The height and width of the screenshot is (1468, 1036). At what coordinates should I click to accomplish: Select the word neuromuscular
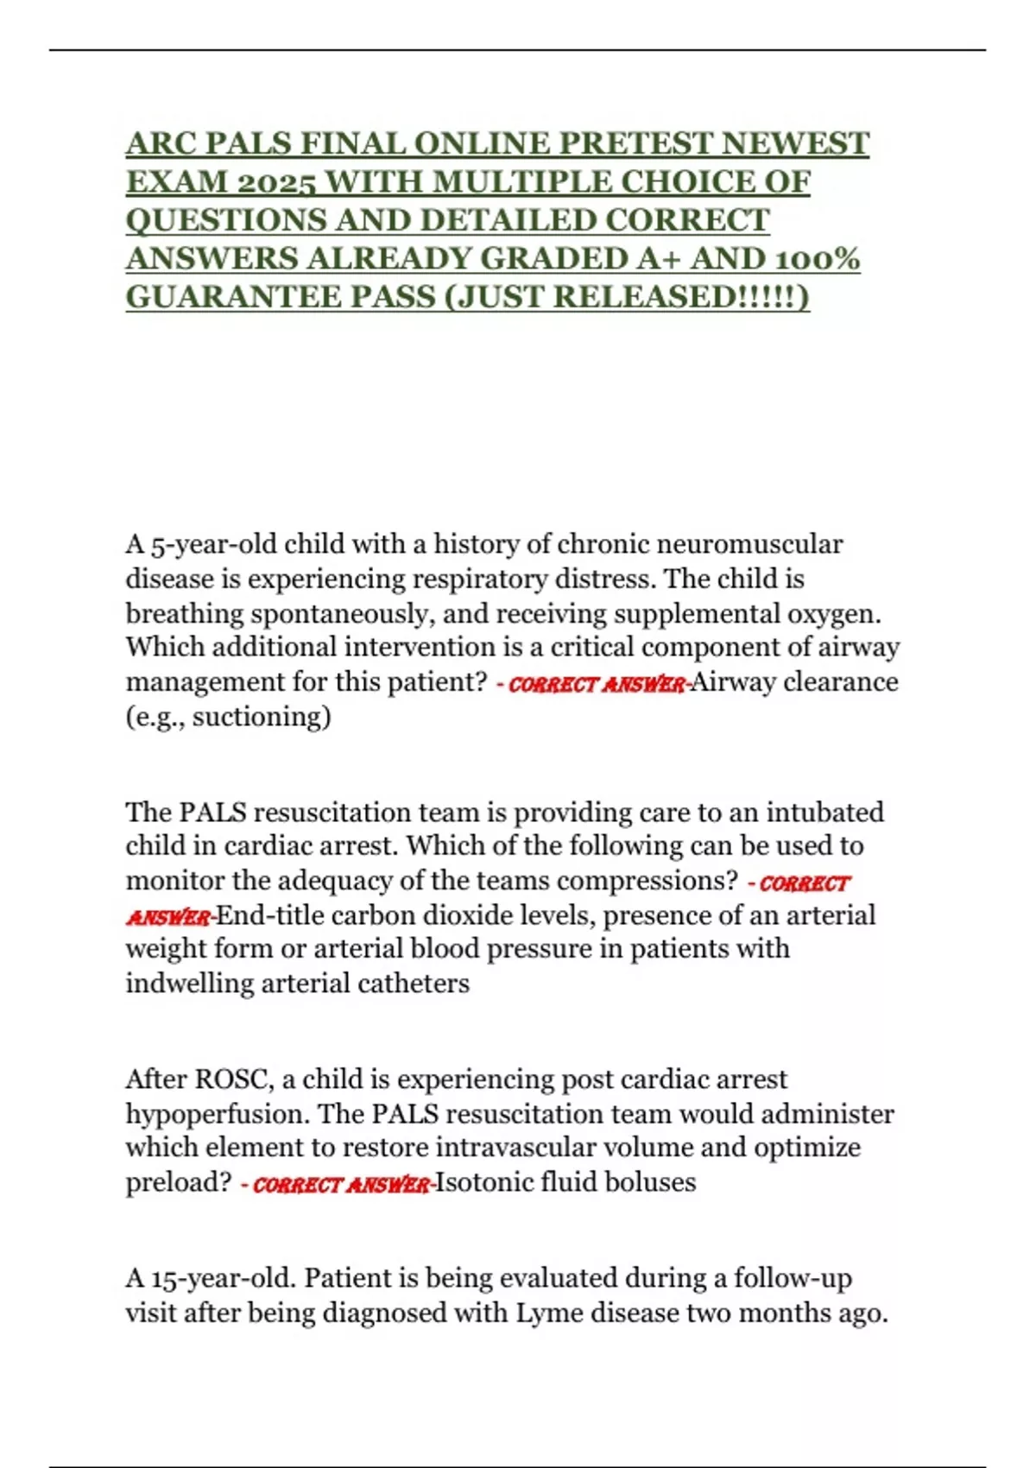(x=749, y=544)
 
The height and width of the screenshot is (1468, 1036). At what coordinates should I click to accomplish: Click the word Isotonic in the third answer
(x=483, y=1182)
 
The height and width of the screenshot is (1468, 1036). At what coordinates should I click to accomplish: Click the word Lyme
(x=546, y=1313)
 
